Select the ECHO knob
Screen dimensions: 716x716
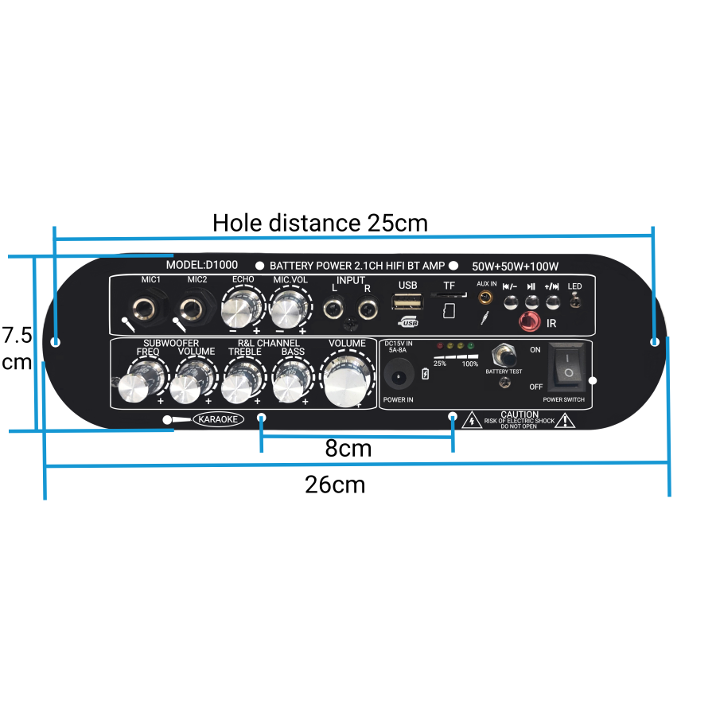(x=243, y=305)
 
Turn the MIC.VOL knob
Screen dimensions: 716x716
(x=290, y=305)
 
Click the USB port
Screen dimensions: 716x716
(x=407, y=303)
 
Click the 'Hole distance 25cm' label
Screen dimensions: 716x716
(x=320, y=223)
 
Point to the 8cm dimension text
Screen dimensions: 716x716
(x=348, y=449)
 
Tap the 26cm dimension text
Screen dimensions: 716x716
(x=335, y=484)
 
